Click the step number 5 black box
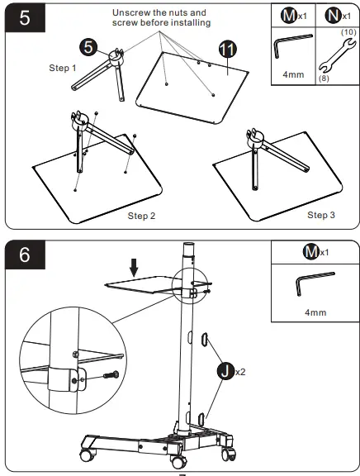(x=25, y=18)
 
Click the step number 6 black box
(x=25, y=255)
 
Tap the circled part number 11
(x=228, y=49)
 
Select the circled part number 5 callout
(x=88, y=47)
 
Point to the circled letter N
(x=333, y=16)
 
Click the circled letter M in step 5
(x=288, y=16)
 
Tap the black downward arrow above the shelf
(x=134, y=268)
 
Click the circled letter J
(x=225, y=371)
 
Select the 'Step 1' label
(x=63, y=68)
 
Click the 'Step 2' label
(x=141, y=216)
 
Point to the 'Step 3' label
(x=321, y=215)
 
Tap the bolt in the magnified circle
(x=111, y=375)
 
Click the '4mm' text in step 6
(x=315, y=312)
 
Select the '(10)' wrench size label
(x=348, y=32)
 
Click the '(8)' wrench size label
(x=324, y=79)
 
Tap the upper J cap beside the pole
(x=205, y=340)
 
